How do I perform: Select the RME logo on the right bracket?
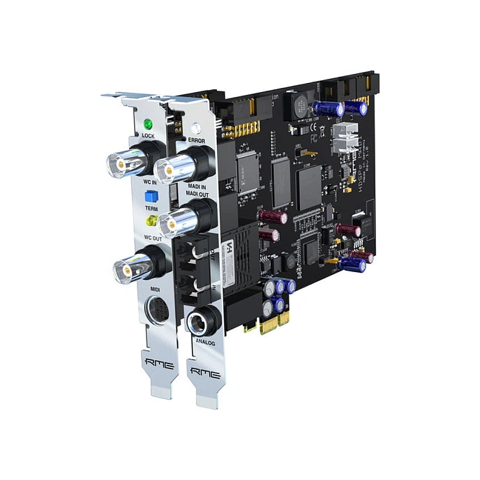(206, 374)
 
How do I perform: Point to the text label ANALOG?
(206, 343)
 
